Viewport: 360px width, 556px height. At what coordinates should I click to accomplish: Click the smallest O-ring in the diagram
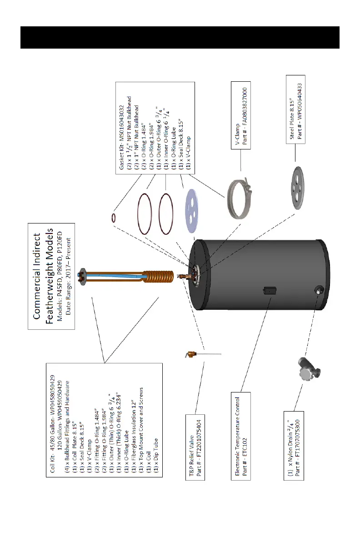pyautogui.click(x=114, y=218)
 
